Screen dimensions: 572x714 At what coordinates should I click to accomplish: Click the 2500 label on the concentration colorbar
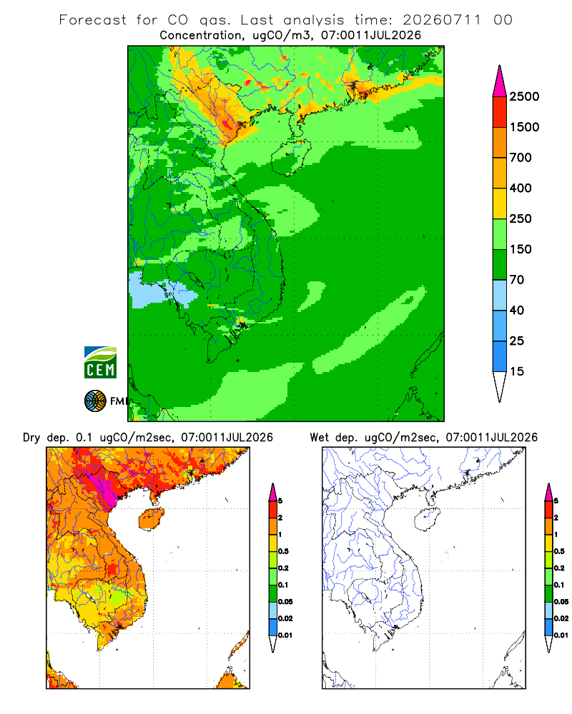tap(524, 96)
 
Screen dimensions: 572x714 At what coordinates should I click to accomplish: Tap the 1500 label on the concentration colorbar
tap(524, 127)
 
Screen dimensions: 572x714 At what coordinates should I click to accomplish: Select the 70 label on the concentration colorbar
tap(517, 280)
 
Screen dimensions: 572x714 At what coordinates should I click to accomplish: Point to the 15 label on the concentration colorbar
tap(517, 371)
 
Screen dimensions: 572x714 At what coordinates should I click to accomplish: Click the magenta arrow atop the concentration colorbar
tap(500, 82)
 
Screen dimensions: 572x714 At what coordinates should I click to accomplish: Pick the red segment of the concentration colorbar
tap(500, 112)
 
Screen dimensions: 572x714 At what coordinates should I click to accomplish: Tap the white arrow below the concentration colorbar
tap(500, 386)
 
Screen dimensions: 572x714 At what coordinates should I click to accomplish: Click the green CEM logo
tap(100, 363)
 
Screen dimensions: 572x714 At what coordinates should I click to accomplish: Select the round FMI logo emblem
tap(95, 401)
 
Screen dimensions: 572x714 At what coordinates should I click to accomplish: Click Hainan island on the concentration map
tap(291, 157)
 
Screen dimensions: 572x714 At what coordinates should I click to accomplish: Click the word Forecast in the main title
tap(93, 20)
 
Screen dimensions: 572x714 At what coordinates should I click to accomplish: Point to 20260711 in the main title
tap(442, 20)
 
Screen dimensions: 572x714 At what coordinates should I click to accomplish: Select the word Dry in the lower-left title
tap(31, 438)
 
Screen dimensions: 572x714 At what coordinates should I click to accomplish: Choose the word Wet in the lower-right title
tap(319, 438)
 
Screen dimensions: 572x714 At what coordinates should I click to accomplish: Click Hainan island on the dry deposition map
tap(152, 519)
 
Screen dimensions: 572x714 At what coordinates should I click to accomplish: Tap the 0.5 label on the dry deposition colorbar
tap(283, 551)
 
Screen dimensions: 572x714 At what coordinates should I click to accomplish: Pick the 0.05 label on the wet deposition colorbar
tap(561, 601)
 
